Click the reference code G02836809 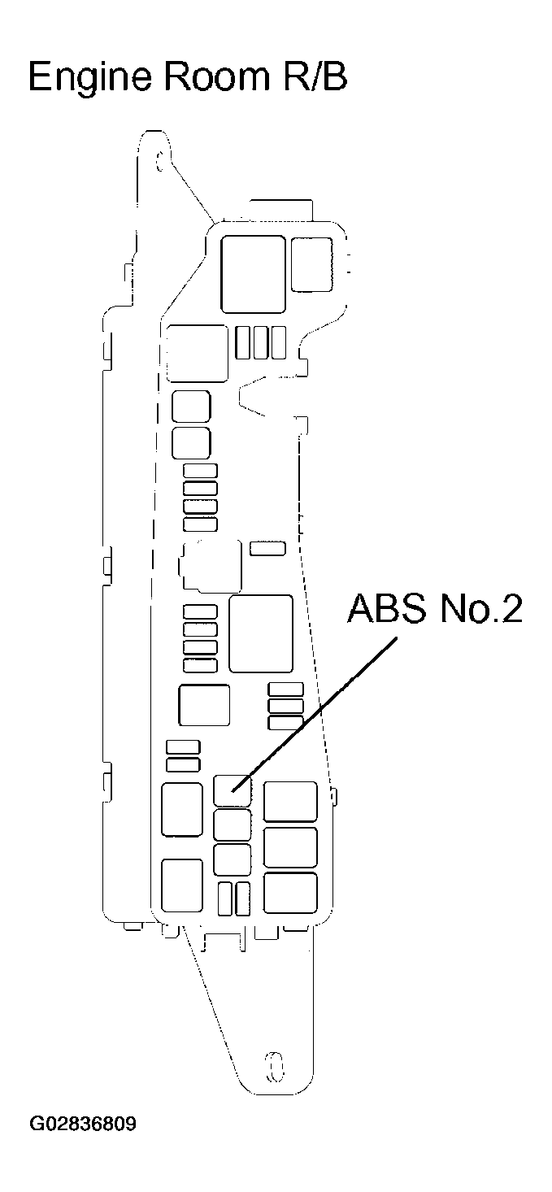tap(83, 1125)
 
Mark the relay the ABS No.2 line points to tap(233, 790)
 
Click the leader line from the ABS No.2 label tap(317, 711)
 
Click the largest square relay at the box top tap(253, 273)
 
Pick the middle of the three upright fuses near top tap(260, 342)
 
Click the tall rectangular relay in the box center tap(260, 633)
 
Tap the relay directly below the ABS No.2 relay tap(233, 824)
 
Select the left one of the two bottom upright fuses tap(224, 899)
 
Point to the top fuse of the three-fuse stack tap(285, 690)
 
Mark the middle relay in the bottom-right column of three tap(290, 847)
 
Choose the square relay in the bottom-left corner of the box tap(181, 885)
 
